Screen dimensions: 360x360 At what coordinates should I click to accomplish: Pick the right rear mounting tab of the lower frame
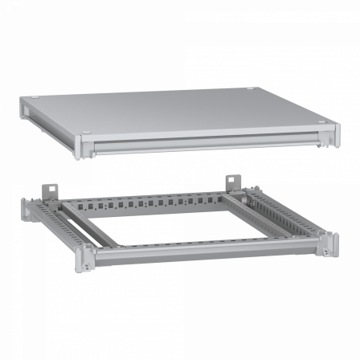click(x=234, y=180)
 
